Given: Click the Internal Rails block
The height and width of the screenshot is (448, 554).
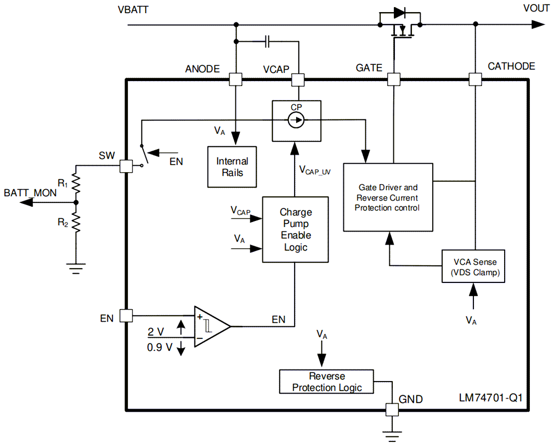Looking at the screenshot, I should coord(232,167).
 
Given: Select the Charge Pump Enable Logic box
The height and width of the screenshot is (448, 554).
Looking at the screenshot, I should coord(295,229).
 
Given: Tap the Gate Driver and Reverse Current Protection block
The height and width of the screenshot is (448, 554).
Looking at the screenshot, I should coord(387,197).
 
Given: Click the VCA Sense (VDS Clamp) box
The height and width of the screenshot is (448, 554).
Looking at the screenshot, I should coord(474,267).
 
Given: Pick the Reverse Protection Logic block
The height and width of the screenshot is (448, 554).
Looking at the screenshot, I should coord(327,382).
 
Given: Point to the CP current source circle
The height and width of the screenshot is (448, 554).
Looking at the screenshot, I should coord(296,120).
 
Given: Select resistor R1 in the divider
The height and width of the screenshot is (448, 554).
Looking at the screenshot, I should coord(76,184).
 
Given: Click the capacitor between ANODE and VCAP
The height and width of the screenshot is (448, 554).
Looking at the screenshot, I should coord(268,42).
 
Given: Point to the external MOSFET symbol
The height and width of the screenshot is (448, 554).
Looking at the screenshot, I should coord(400,28).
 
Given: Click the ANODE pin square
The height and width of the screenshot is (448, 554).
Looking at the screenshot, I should coord(235,79).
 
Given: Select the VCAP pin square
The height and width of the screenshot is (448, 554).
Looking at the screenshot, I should coord(298,79).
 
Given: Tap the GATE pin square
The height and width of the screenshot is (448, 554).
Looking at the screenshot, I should coord(393,79).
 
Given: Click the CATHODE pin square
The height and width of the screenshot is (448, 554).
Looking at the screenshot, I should coord(474,79).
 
